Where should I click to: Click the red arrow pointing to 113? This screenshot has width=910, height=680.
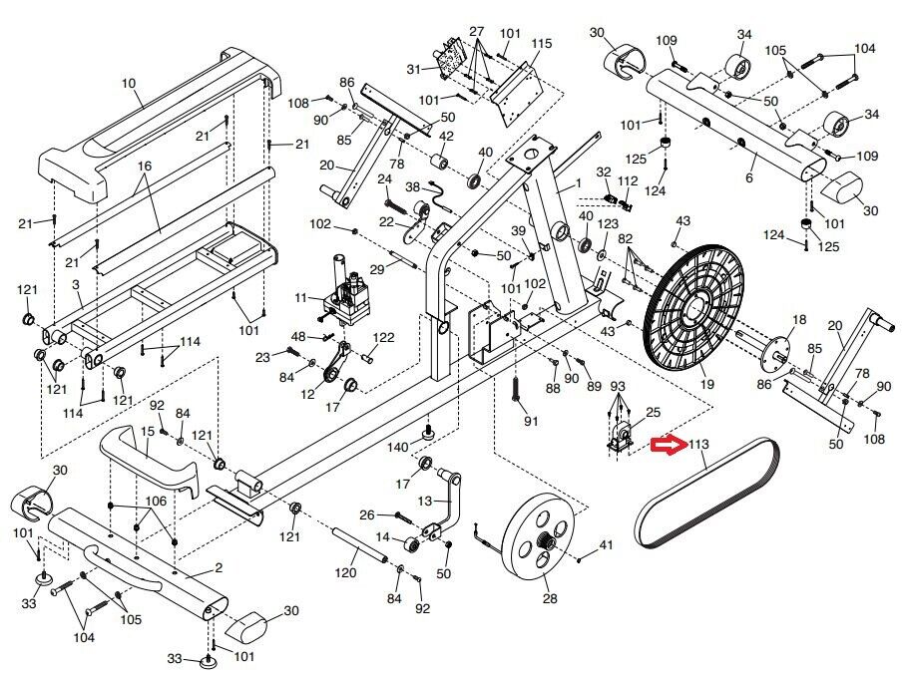[x=665, y=446]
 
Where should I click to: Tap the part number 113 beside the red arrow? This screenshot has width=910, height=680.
[x=697, y=446]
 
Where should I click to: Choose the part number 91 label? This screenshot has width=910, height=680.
[x=531, y=421]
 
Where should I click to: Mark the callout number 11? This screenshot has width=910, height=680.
[x=301, y=297]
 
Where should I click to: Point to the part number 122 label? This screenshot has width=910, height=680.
[x=384, y=337]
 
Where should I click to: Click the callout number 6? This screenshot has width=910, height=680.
[x=748, y=177]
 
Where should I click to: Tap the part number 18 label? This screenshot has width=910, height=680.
[x=798, y=320]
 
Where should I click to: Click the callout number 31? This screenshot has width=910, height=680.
[x=415, y=68]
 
